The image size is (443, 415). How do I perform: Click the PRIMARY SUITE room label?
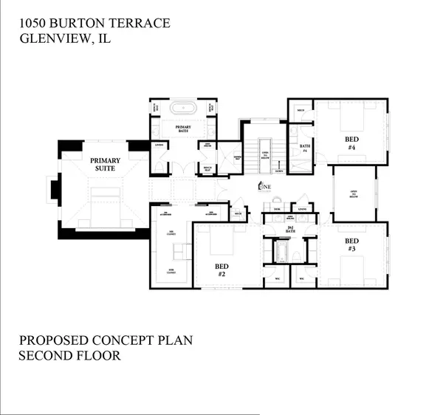click(x=106, y=163)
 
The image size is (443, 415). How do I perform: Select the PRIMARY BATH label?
click(x=183, y=128)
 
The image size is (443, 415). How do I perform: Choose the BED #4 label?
click(x=351, y=142)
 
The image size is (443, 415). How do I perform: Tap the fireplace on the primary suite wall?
click(x=53, y=189)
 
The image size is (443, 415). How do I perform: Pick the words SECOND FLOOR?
click(x=70, y=356)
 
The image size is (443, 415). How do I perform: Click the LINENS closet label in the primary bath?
click(x=158, y=145)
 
